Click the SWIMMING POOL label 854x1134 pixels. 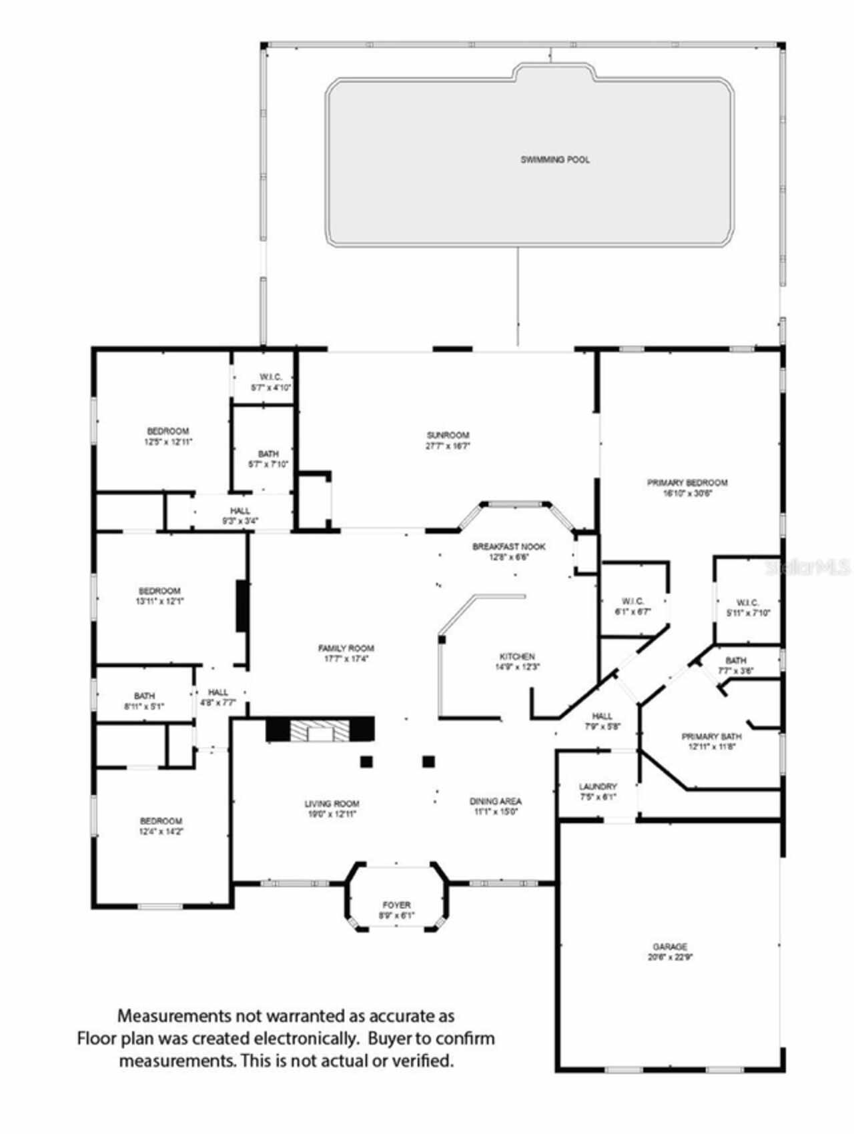554,160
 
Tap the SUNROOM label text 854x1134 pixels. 448,435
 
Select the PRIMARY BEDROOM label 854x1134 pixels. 687,482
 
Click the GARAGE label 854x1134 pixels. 670,947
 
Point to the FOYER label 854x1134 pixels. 396,905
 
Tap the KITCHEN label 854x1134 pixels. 517,656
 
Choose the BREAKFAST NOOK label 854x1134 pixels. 509,546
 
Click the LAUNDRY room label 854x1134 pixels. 598,786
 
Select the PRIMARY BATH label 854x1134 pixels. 711,736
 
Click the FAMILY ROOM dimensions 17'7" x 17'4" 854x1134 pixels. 346,658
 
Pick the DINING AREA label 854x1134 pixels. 496,801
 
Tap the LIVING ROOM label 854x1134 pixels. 332,804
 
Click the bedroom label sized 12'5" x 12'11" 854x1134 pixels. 168,432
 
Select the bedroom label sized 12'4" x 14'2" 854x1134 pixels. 161,821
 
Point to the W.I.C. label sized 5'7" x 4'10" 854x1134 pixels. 271,378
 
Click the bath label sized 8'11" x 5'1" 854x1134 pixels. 144,696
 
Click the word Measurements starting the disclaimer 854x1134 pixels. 174,1017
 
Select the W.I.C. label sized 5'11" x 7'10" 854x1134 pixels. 748,602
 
